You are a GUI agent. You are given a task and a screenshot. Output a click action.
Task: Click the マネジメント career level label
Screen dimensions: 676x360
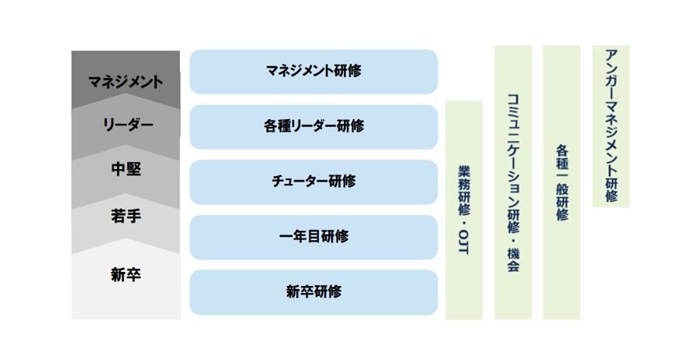coord(126,82)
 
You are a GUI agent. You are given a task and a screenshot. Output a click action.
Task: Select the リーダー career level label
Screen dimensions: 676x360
coord(128,125)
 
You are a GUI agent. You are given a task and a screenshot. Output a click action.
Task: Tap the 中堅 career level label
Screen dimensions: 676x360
coord(126,169)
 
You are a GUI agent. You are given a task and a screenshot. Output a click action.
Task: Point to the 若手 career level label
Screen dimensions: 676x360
coord(126,216)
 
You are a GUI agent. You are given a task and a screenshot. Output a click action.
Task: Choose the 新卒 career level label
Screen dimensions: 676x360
coord(126,275)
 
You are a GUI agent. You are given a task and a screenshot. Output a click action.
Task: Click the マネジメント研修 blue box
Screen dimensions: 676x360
coord(314,72)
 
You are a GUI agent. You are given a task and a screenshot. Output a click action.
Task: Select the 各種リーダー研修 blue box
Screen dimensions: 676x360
coord(314,127)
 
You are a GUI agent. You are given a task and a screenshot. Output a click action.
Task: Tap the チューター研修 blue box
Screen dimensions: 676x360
coord(314,182)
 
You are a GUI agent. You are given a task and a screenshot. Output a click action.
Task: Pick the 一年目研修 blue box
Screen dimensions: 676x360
coord(314,237)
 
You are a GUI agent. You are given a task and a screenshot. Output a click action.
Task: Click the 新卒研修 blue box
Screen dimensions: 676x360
coord(314,292)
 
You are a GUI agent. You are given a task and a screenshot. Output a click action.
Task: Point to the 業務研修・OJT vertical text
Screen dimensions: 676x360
coord(464,210)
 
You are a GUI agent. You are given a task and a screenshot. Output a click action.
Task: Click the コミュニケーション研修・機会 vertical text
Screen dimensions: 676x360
coord(513,182)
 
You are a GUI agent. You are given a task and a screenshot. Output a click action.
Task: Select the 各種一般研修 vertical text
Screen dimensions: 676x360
coord(561,182)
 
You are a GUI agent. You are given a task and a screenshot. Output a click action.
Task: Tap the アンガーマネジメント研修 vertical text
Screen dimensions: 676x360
coord(611,125)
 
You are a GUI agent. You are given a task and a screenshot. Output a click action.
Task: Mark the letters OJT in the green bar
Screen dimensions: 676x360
coord(464,242)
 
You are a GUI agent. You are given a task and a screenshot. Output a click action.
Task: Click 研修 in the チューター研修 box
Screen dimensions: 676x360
coord(342,182)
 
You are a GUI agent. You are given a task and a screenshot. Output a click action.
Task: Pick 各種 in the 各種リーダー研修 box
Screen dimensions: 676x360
coord(278,126)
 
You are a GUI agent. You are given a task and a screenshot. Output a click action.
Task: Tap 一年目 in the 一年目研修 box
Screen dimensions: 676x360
coord(299,236)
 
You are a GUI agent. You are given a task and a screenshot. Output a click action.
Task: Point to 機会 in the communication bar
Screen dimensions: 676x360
coord(513,259)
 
